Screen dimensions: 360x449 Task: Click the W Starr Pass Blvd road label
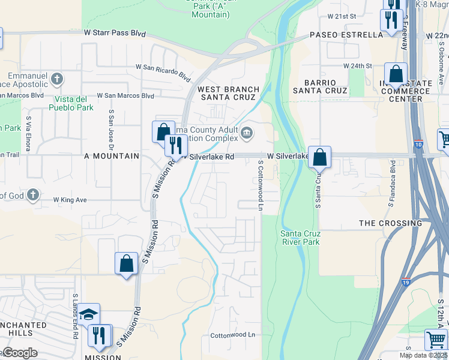[115, 33]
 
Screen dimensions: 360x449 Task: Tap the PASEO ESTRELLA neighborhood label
[346, 35]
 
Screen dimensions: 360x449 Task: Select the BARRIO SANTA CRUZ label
[320, 85]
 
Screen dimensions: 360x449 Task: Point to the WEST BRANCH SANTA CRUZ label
[230, 93]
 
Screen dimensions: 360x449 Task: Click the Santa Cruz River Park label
[300, 238]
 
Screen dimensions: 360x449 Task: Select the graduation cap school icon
[88, 314]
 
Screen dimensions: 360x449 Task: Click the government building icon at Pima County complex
[247, 132]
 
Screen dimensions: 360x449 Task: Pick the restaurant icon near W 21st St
[391, 20]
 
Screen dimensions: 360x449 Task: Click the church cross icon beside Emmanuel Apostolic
[56, 78]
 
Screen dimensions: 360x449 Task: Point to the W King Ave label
[70, 200]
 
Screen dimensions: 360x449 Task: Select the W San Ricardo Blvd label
[164, 71]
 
